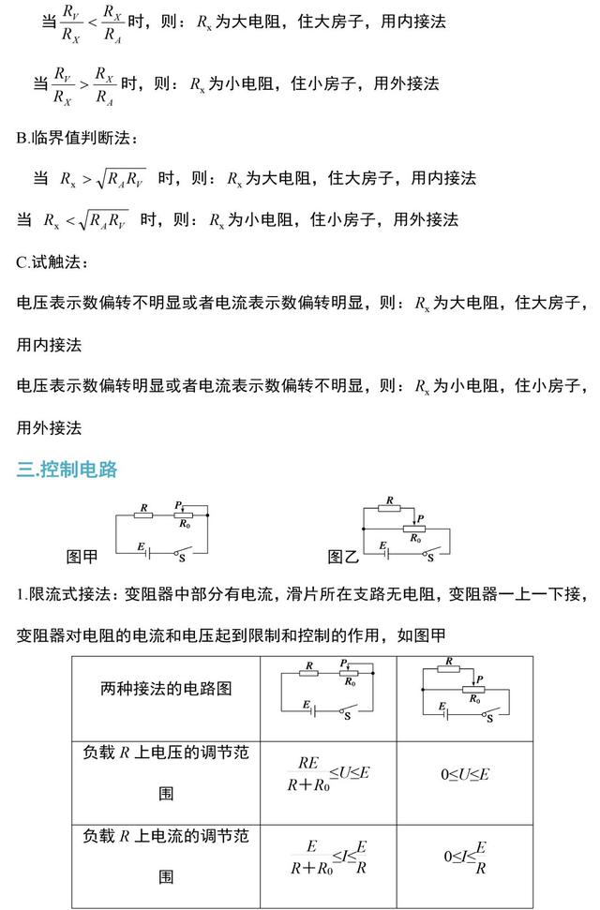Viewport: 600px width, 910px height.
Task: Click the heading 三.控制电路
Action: (67, 470)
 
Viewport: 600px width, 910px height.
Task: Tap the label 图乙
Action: (343, 557)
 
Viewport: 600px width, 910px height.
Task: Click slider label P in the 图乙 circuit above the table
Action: (420, 518)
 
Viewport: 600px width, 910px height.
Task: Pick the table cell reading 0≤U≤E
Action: (466, 774)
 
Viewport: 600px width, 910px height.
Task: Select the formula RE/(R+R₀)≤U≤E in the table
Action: (327, 774)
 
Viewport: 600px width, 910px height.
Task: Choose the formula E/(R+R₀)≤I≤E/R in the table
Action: (327, 857)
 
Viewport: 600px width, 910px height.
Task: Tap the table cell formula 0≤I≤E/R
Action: (466, 857)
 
